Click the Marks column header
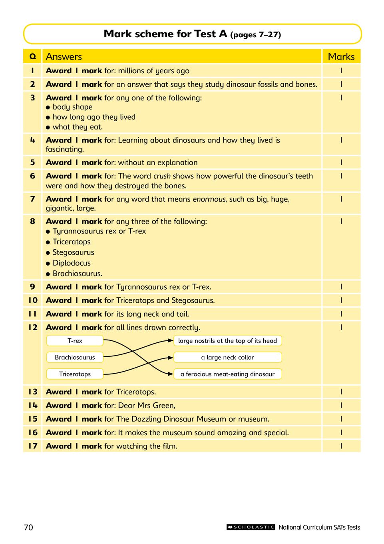pyautogui.click(x=341, y=56)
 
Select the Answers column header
pyautogui.click(x=64, y=56)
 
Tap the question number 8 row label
pyautogui.click(x=32, y=221)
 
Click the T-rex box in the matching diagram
pyautogui.click(x=75, y=341)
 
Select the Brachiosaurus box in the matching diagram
pyautogui.click(x=75, y=357)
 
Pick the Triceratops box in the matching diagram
pyautogui.click(x=75, y=374)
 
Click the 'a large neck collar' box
pyautogui.click(x=227, y=357)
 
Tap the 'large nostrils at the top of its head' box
pyautogui.click(x=227, y=341)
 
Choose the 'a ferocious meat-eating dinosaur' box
pyautogui.click(x=227, y=374)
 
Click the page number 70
pyautogui.click(x=28, y=527)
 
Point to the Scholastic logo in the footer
pyautogui.click(x=251, y=527)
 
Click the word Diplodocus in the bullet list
pyautogui.click(x=72, y=263)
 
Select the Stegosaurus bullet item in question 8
pyautogui.click(x=73, y=252)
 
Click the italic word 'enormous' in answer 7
pyautogui.click(x=209, y=199)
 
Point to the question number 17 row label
pyautogui.click(x=32, y=446)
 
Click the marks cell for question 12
pyautogui.click(x=341, y=327)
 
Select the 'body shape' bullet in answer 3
pyautogui.click(x=72, y=107)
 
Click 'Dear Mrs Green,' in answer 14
pyautogui.click(x=147, y=406)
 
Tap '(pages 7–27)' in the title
pyautogui.click(x=255, y=35)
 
